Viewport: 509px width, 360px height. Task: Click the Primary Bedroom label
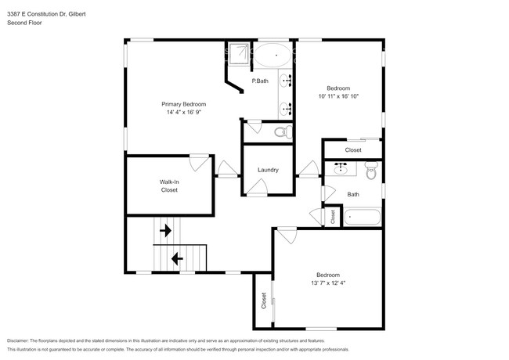pos(183,104)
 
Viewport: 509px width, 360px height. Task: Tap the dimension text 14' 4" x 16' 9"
pos(183,112)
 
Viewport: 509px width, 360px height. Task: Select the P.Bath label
pos(260,81)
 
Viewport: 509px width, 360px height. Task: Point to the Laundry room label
pos(269,170)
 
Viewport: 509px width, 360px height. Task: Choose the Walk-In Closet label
pos(169,185)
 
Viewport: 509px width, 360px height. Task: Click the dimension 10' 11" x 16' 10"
pos(338,97)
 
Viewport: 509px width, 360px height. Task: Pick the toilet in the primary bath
pos(283,131)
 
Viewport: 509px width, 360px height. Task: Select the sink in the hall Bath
pos(341,167)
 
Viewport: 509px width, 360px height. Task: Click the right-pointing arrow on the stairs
pos(166,230)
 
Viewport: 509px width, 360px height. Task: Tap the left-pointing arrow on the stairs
pos(178,257)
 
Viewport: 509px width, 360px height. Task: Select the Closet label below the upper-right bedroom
pos(353,149)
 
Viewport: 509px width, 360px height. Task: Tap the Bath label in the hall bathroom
pos(353,194)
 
